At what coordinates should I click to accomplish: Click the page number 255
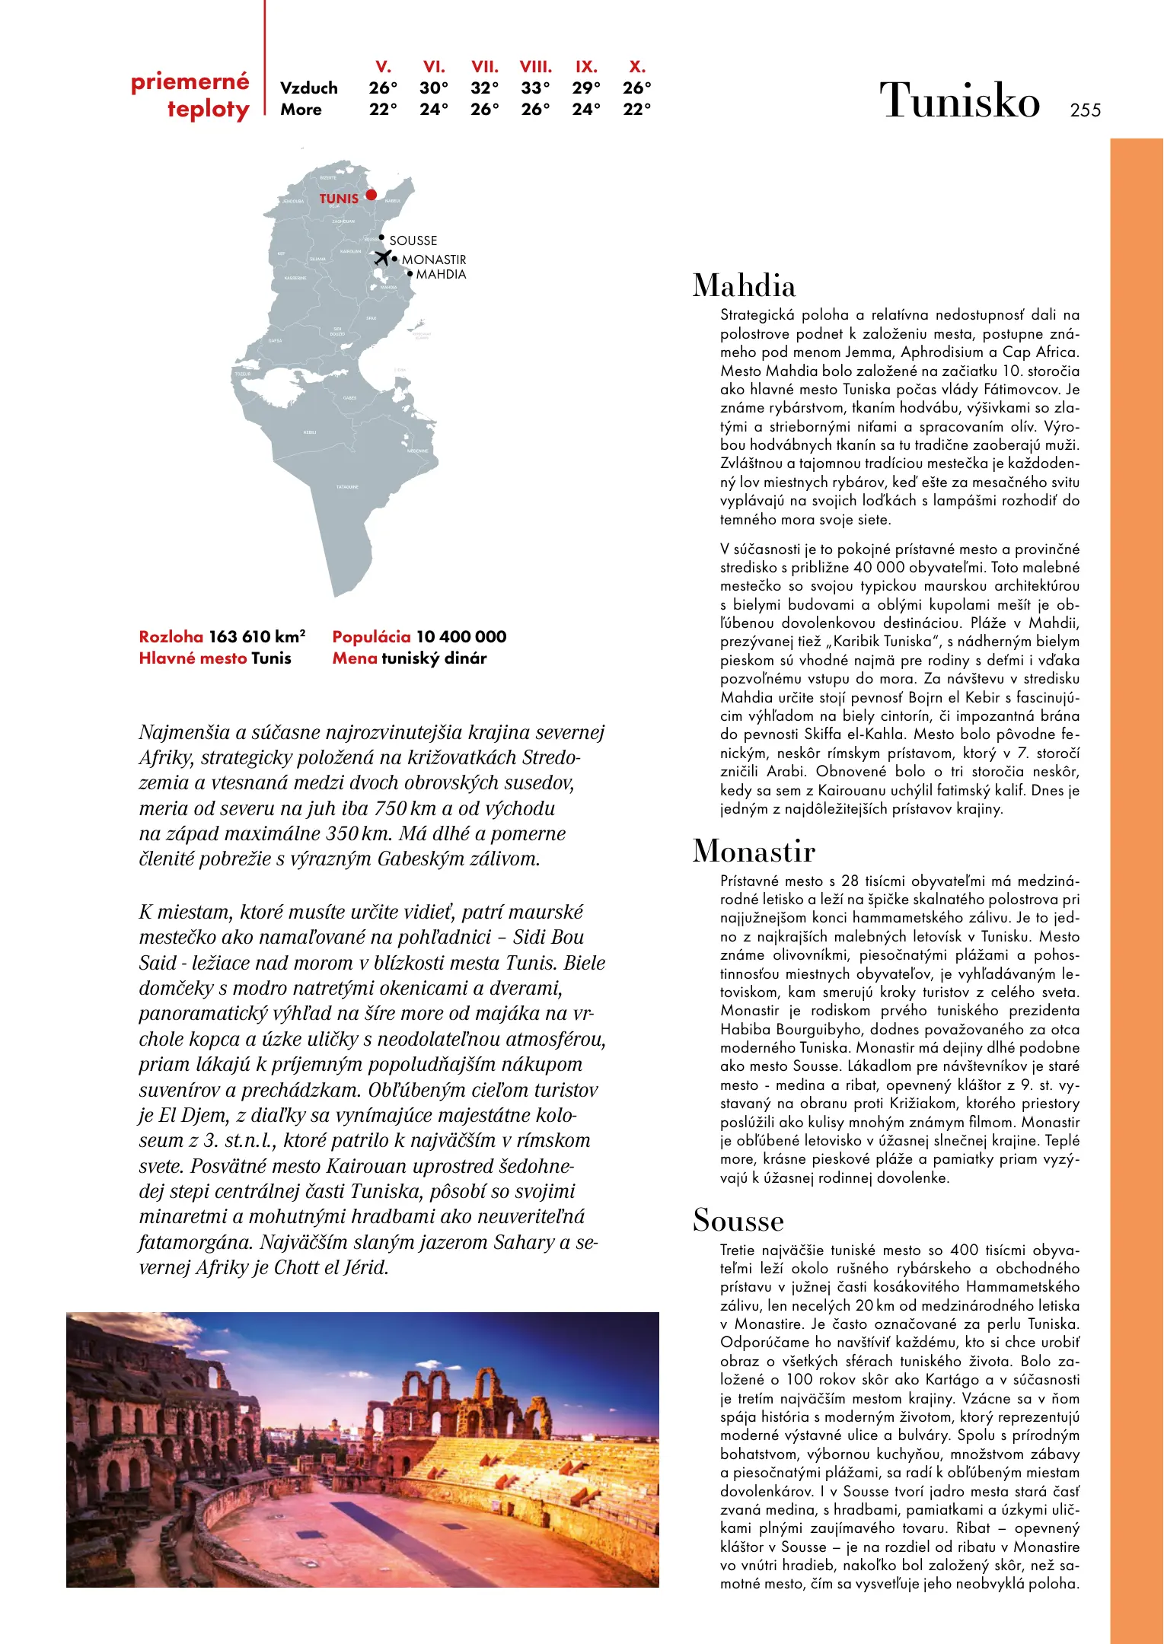(x=1085, y=110)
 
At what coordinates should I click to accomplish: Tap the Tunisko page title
(x=959, y=100)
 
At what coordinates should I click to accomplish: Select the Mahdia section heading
(x=744, y=286)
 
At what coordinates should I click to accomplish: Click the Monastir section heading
(x=754, y=851)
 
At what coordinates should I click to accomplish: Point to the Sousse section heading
(x=738, y=1220)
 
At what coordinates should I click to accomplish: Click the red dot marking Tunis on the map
(x=371, y=195)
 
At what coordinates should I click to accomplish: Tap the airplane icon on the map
(x=383, y=257)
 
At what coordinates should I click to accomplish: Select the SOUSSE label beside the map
(x=413, y=241)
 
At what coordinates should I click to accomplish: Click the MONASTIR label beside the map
(x=433, y=260)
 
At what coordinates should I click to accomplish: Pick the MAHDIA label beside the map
(x=441, y=274)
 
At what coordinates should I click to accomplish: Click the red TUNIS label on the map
(x=339, y=199)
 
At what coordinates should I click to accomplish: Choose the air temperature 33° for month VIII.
(x=535, y=88)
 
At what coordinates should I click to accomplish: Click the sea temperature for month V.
(x=383, y=110)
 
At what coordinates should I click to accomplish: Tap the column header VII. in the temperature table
(x=484, y=67)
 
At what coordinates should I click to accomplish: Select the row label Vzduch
(x=308, y=88)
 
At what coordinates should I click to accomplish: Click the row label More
(x=301, y=110)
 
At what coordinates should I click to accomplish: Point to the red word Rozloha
(x=171, y=637)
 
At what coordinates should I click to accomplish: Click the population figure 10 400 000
(x=461, y=637)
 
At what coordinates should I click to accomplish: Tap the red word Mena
(x=354, y=658)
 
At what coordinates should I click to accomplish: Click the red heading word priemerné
(x=190, y=81)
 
